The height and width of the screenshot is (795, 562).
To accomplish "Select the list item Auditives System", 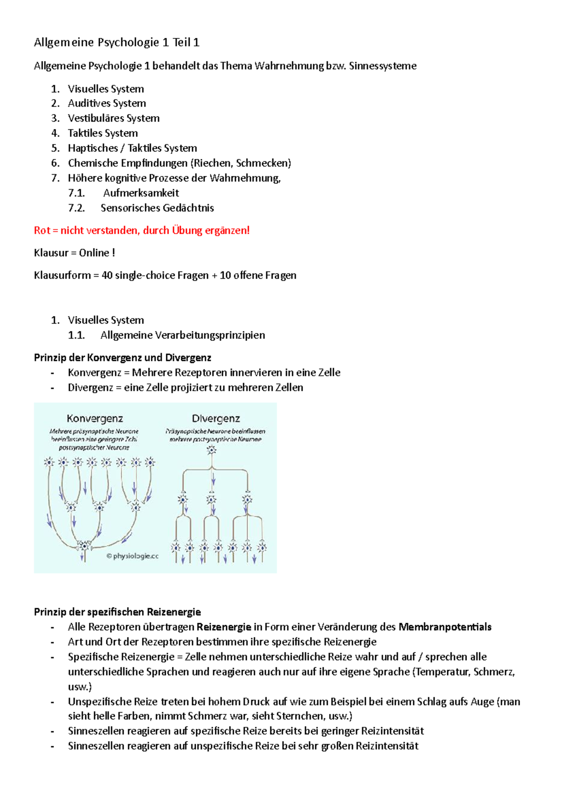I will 107,103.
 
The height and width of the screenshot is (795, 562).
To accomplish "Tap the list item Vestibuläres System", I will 113,118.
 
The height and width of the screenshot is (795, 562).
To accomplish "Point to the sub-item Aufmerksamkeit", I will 141,193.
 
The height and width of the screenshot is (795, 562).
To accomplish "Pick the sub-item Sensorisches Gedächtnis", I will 157,208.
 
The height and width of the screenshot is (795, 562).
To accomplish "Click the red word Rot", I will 42,230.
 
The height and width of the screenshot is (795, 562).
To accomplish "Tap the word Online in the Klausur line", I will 94,253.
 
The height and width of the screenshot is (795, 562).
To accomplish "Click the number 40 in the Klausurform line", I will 107,275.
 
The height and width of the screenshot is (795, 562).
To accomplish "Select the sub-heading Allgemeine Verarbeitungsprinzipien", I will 182,335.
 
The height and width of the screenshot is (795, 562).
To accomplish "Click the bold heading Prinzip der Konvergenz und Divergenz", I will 122,358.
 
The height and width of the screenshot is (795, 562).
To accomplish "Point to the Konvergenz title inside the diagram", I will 95,418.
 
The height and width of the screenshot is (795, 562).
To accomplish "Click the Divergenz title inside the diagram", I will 215,418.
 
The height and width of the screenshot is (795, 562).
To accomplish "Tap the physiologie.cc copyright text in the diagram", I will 133,556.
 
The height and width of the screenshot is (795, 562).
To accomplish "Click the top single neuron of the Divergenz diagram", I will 212,450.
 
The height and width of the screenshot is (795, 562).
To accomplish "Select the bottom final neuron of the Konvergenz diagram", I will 84,545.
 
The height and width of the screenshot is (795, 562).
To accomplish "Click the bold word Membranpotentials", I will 444,627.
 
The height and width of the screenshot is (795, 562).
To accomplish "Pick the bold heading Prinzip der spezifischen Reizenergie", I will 117,612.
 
